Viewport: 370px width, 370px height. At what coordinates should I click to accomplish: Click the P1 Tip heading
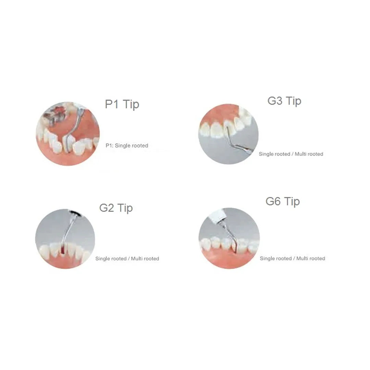[x=122, y=104]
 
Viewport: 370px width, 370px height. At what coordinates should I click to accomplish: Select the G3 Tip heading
[x=284, y=101]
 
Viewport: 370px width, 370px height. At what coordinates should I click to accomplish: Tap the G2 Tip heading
[x=116, y=208]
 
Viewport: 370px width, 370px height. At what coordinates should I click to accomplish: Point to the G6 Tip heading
[x=283, y=201]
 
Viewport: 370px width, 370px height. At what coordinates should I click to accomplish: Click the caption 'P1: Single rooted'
[x=127, y=146]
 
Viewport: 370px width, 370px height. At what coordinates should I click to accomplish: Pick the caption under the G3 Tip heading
[x=291, y=154]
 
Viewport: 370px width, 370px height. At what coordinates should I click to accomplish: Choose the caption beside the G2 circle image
[x=127, y=259]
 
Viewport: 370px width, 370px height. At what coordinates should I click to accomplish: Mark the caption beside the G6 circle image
[x=292, y=258]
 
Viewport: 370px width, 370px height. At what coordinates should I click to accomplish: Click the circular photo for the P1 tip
[x=67, y=134]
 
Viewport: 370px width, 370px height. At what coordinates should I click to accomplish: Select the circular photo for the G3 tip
[x=229, y=134]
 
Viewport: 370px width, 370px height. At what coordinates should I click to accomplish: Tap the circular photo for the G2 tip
[x=65, y=239]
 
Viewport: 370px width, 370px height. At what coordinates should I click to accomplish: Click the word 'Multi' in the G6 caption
[x=303, y=258]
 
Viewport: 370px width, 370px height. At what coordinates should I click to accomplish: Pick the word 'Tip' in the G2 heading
[x=125, y=208]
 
